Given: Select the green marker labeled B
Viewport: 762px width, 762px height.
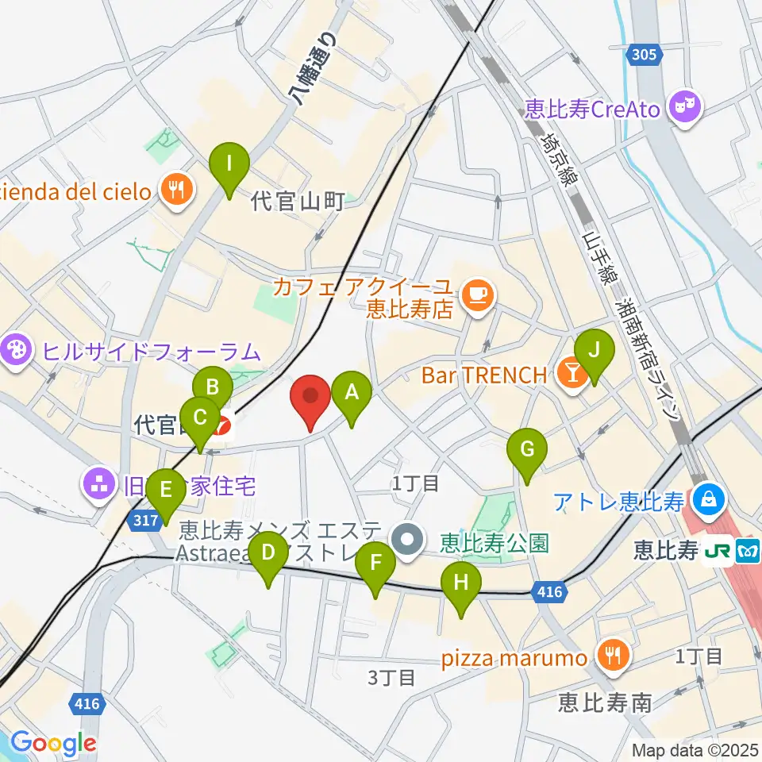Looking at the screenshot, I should (213, 388).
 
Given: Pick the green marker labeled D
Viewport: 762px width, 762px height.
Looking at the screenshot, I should (268, 554).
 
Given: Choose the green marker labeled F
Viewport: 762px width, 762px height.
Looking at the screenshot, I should (375, 565).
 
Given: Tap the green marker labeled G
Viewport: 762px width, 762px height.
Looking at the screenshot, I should (527, 450).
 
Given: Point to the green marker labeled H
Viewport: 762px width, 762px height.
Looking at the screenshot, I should (462, 585).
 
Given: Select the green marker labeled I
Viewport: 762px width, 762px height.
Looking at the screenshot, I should (229, 165).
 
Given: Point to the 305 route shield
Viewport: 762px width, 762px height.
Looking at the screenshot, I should (644, 55).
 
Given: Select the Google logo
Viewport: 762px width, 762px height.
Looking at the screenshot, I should (52, 744).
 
